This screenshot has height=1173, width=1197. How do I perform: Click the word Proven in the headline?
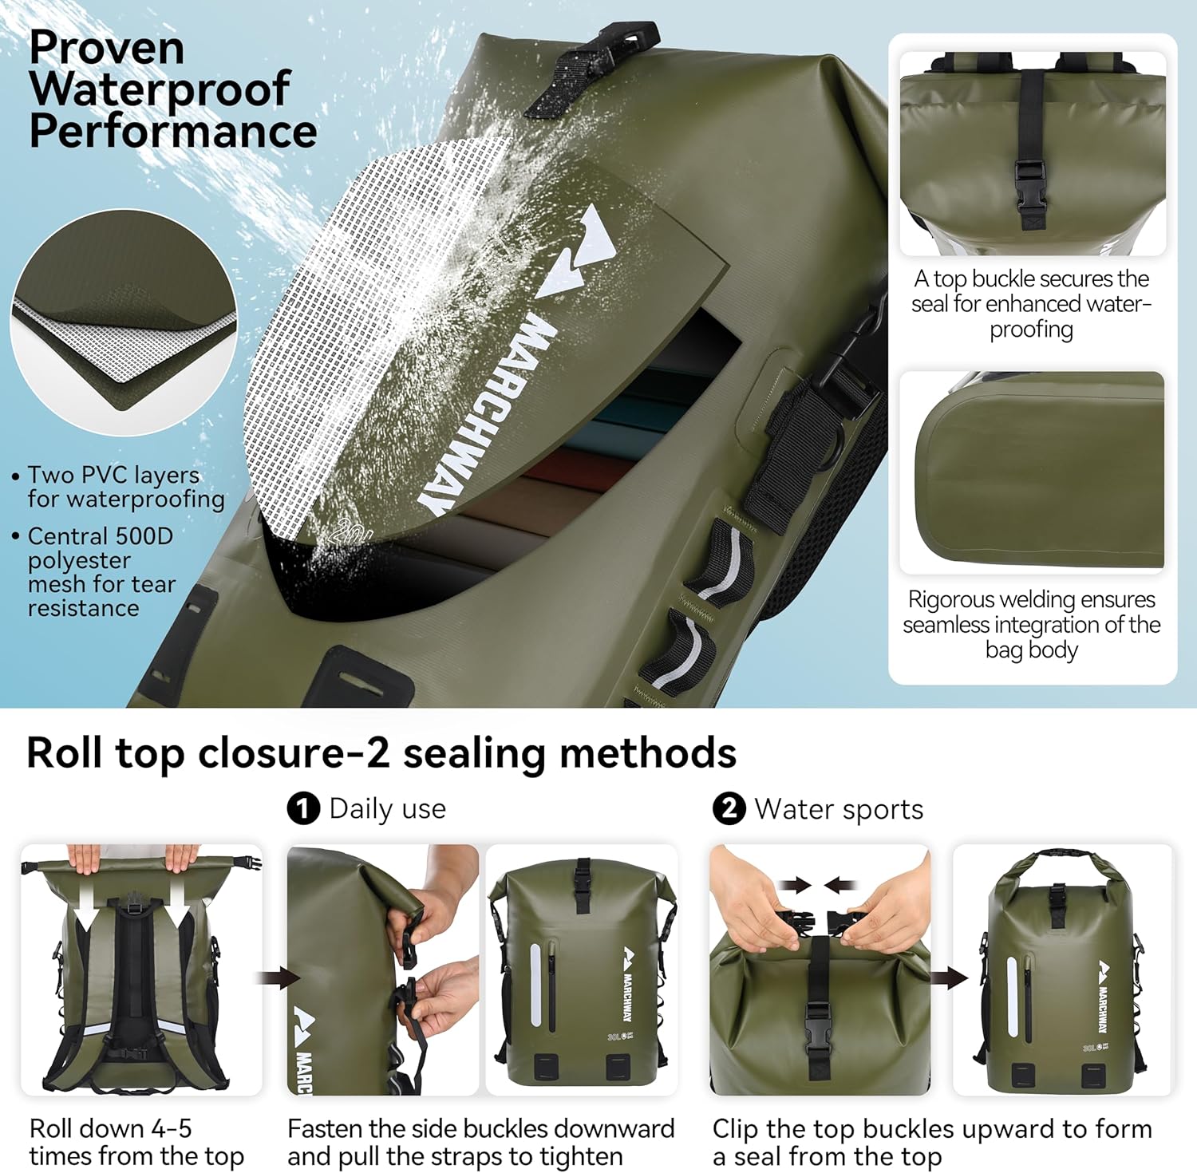[107, 48]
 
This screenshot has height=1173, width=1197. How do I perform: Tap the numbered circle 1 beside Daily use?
[302, 808]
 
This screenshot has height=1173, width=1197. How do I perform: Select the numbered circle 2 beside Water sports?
[728, 808]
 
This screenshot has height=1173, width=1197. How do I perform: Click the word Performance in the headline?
[173, 132]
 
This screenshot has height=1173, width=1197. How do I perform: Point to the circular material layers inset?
[124, 323]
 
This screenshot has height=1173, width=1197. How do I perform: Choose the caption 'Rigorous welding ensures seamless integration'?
[1032, 624]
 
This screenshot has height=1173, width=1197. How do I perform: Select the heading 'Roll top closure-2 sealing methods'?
[381, 752]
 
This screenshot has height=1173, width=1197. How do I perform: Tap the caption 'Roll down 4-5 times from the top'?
[136, 1142]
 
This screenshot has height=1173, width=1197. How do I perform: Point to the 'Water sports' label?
[839, 809]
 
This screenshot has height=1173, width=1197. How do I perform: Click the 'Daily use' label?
[388, 808]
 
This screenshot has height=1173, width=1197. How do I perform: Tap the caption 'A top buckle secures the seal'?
[1032, 303]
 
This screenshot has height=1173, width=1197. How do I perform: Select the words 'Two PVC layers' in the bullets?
[113, 475]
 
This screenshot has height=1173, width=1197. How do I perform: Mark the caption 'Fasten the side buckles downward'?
[480, 1142]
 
